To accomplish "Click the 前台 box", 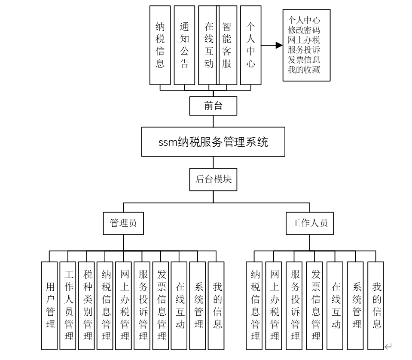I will tap(213, 106).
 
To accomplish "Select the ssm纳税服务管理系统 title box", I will tap(213, 142).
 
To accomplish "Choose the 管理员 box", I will tap(124, 223).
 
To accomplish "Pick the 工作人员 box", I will tap(310, 223).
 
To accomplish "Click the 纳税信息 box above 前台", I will tap(160, 45).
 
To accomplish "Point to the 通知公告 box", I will tap(184, 45).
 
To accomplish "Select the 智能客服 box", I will tap(227, 45).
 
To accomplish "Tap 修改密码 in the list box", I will tap(304, 30).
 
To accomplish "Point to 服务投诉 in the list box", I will tap(304, 49).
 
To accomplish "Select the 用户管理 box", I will tap(50, 305).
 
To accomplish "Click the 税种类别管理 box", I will tap(87, 305).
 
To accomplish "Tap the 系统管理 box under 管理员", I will tap(198, 305).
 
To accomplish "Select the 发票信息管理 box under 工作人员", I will tap(315, 305).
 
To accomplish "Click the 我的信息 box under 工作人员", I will tap(376, 305).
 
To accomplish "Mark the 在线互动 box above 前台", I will tap(208, 45).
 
